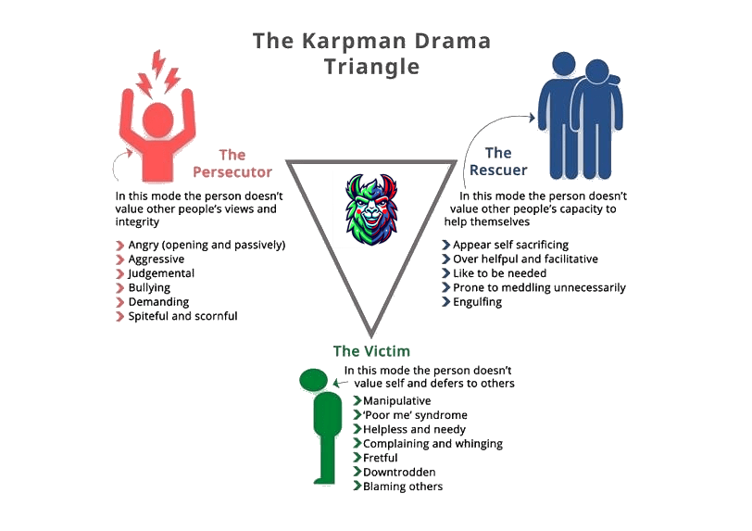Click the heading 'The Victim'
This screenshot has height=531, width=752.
coord(371,351)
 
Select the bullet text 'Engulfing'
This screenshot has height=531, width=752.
coord(479,302)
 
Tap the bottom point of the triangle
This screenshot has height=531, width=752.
coord(370,336)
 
